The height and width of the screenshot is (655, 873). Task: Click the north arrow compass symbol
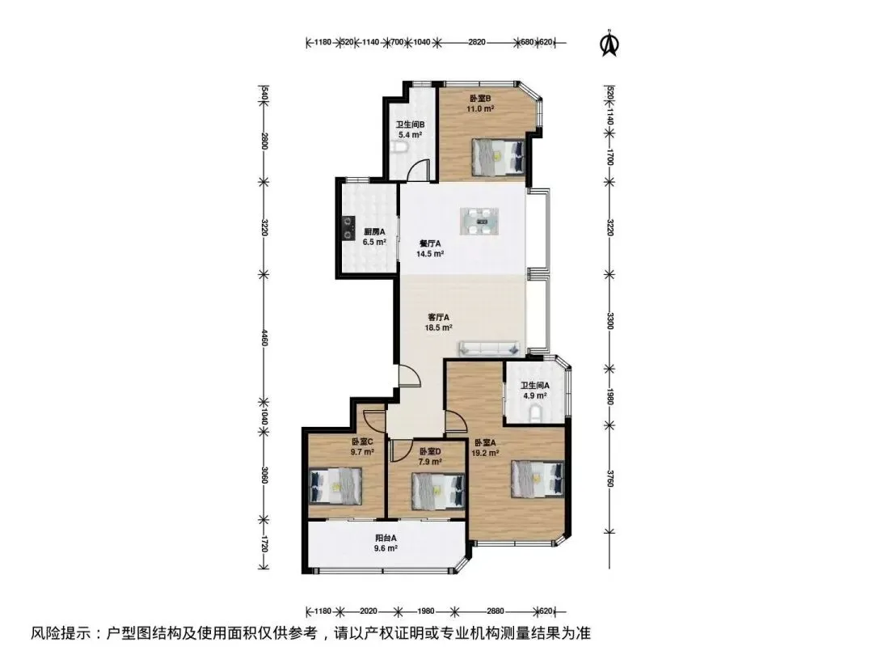(609, 44)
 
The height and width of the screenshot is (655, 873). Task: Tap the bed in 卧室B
(498, 157)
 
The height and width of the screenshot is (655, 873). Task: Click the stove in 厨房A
(348, 227)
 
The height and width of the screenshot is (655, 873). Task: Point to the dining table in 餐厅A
(479, 221)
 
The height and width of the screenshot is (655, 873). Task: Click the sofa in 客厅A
(489, 349)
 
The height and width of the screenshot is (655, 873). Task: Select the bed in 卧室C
(335, 486)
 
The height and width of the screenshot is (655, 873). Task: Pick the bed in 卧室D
(437, 491)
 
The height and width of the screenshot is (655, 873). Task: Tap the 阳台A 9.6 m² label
(386, 543)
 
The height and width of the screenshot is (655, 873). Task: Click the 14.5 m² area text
(430, 254)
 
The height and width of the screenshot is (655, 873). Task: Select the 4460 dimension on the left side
(264, 337)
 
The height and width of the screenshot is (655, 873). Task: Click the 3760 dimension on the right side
(610, 479)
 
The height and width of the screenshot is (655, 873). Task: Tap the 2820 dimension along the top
(477, 42)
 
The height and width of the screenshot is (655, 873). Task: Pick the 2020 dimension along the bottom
(369, 611)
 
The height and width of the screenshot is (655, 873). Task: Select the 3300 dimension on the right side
(610, 321)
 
